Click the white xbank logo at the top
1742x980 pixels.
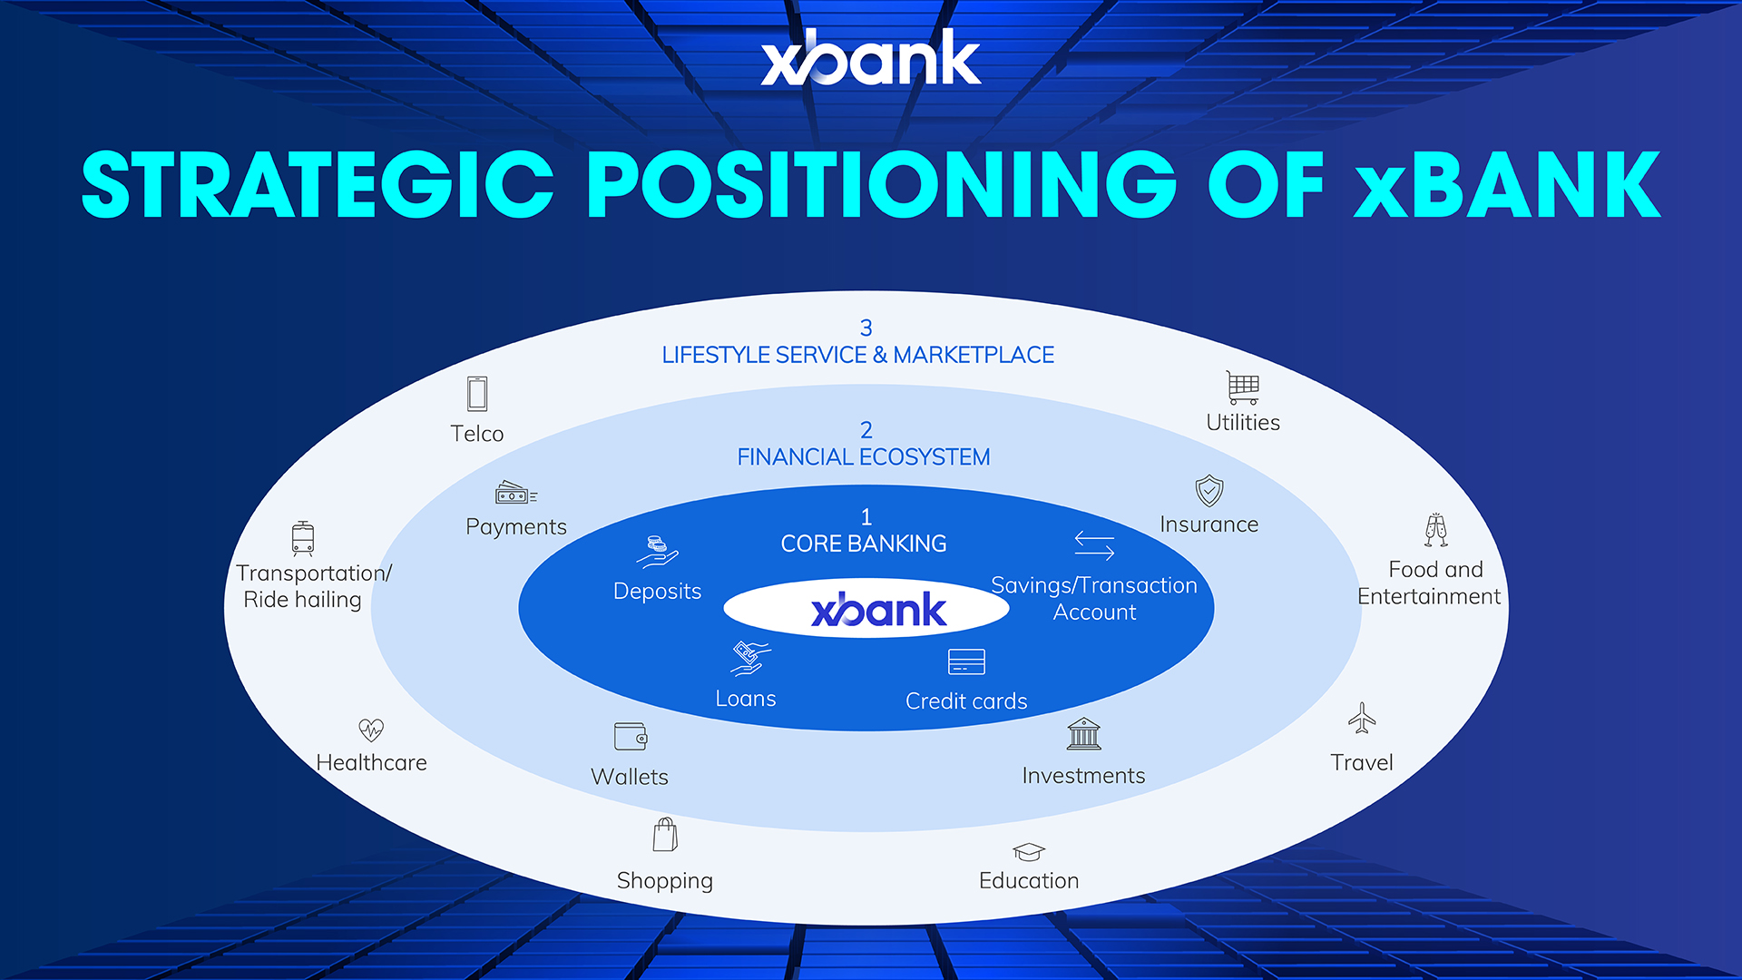point(871,59)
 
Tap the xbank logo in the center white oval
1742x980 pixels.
point(878,610)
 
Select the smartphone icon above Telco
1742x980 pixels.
point(477,394)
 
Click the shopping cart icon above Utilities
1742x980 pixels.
point(1242,387)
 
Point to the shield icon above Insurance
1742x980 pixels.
point(1209,491)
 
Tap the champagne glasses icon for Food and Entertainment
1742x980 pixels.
point(1435,530)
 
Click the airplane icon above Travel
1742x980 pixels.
point(1362,718)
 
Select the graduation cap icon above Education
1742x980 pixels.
point(1029,851)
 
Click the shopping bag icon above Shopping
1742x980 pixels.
point(665,835)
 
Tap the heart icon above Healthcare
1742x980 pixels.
point(371,730)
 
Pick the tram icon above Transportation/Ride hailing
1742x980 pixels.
point(303,538)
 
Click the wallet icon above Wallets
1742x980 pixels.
point(631,736)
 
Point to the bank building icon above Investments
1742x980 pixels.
point(1083,734)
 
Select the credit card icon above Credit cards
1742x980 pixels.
point(966,662)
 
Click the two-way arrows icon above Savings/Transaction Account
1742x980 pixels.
point(1094,545)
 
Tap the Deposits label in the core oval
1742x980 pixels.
point(657,592)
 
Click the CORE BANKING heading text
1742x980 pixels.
point(864,544)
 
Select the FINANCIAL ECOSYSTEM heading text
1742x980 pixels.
point(863,457)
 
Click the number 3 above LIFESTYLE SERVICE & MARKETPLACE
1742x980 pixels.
point(866,328)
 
